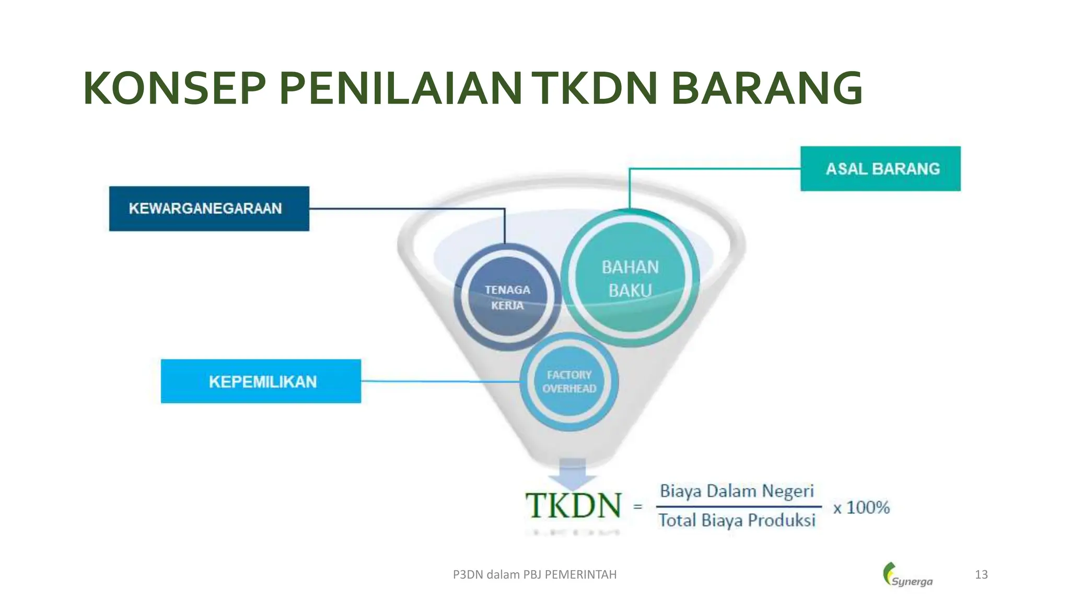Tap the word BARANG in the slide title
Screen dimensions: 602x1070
point(766,89)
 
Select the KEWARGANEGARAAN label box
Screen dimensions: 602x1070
point(209,209)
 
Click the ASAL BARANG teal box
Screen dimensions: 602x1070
point(880,169)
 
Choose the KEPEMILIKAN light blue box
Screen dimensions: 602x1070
point(261,381)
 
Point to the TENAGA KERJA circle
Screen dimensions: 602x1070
point(507,297)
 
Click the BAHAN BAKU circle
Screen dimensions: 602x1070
point(630,278)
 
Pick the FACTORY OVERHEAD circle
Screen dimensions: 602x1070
point(569,381)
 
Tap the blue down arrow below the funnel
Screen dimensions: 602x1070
point(573,473)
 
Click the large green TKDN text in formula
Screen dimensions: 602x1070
point(574,506)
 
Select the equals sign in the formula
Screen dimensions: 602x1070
point(637,506)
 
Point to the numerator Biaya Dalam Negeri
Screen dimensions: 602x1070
point(737,491)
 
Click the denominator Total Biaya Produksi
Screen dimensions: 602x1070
point(737,520)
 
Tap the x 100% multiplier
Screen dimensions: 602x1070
point(861,507)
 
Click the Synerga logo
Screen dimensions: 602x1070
point(908,575)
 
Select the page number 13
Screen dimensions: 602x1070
point(981,575)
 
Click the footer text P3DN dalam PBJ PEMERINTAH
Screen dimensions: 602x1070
point(534,575)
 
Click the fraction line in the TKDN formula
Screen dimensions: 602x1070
point(739,506)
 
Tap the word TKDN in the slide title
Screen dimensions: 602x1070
point(595,89)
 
